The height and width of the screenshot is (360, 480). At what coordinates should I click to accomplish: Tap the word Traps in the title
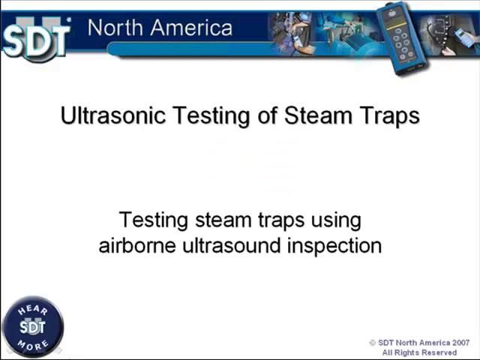389,115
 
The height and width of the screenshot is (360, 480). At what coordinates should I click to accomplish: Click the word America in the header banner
193,28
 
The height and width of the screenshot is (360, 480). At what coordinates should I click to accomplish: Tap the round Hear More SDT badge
32,326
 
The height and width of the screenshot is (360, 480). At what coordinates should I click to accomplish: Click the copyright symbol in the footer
373,343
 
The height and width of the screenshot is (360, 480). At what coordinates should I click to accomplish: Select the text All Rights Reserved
419,352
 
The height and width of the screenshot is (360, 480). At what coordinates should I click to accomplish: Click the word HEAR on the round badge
32,309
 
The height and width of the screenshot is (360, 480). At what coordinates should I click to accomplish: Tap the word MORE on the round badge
32,345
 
